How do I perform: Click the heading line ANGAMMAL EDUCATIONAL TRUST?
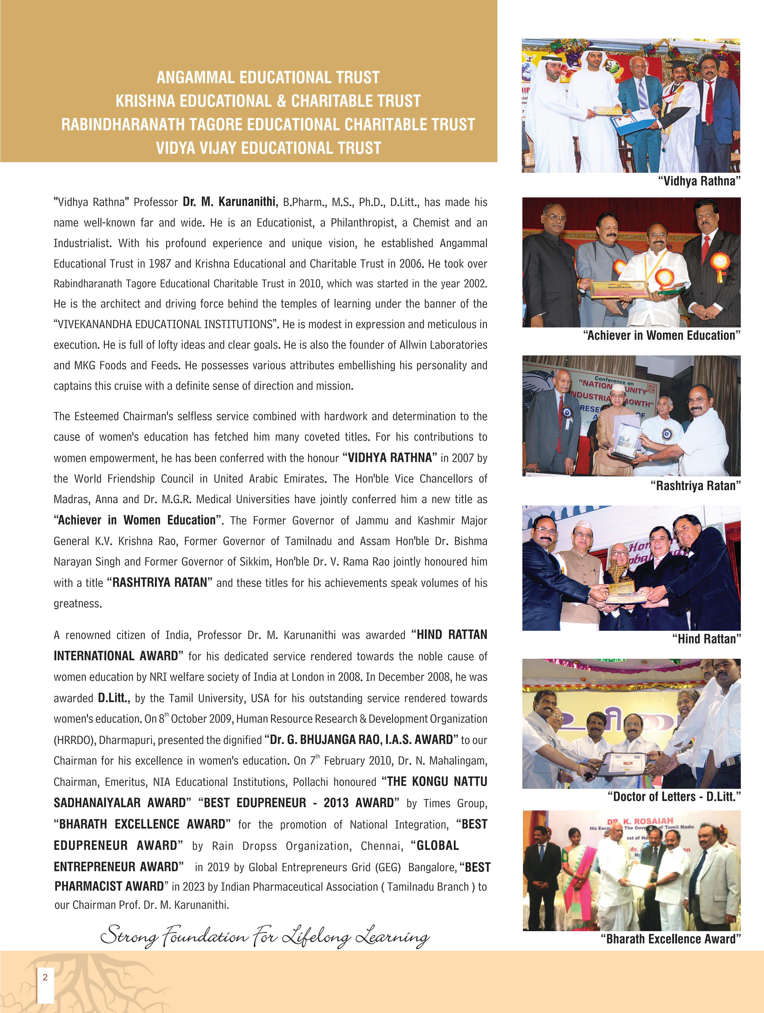[268, 77]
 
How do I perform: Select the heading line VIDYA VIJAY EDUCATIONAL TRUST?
[268, 148]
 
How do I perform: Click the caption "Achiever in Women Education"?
[661, 336]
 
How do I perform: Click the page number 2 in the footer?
[45, 977]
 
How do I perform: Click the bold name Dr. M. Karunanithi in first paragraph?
[229, 202]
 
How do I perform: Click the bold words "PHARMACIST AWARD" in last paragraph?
[109, 886]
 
